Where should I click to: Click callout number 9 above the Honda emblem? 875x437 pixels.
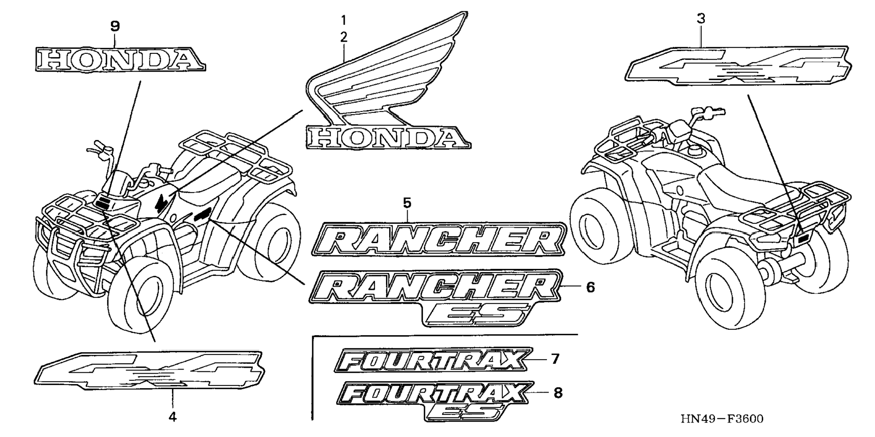point(115,26)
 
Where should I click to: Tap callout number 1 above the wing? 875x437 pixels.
point(343,20)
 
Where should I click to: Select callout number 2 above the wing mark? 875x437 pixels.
point(343,37)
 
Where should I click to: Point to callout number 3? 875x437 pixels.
point(701,19)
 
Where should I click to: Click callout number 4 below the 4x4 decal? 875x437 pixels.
point(172,417)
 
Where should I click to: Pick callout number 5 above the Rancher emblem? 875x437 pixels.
point(407,203)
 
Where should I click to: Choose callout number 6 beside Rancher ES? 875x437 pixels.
point(590,287)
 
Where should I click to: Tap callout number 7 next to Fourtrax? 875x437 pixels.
point(555,359)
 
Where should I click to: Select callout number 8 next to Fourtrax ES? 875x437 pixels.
point(558,393)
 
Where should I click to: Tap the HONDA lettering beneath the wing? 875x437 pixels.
point(387,138)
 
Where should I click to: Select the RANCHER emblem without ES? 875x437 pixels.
point(438,239)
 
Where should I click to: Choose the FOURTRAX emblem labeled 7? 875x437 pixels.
point(432,360)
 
